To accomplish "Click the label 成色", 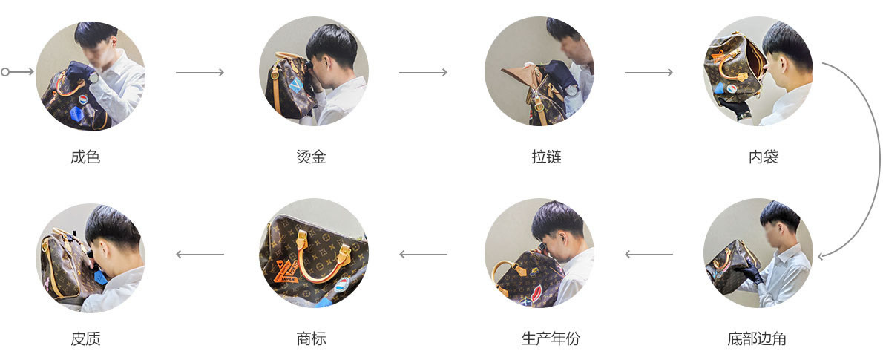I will point(85,157).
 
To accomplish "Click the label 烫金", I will point(311,157).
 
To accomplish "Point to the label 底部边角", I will point(757,339).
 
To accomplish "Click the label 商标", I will point(311,339).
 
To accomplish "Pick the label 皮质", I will point(85,339).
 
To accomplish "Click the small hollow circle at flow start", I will point(5,72).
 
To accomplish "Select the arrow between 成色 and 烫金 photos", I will point(200,72).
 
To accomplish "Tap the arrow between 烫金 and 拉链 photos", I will point(423,72).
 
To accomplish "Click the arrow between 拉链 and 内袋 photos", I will point(649,72).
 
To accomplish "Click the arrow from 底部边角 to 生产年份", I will point(649,255).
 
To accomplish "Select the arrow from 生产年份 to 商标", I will point(423,255).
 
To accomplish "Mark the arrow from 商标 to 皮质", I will point(200,255).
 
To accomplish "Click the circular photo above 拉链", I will point(539,71).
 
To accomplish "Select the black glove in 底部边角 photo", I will point(752,274).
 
